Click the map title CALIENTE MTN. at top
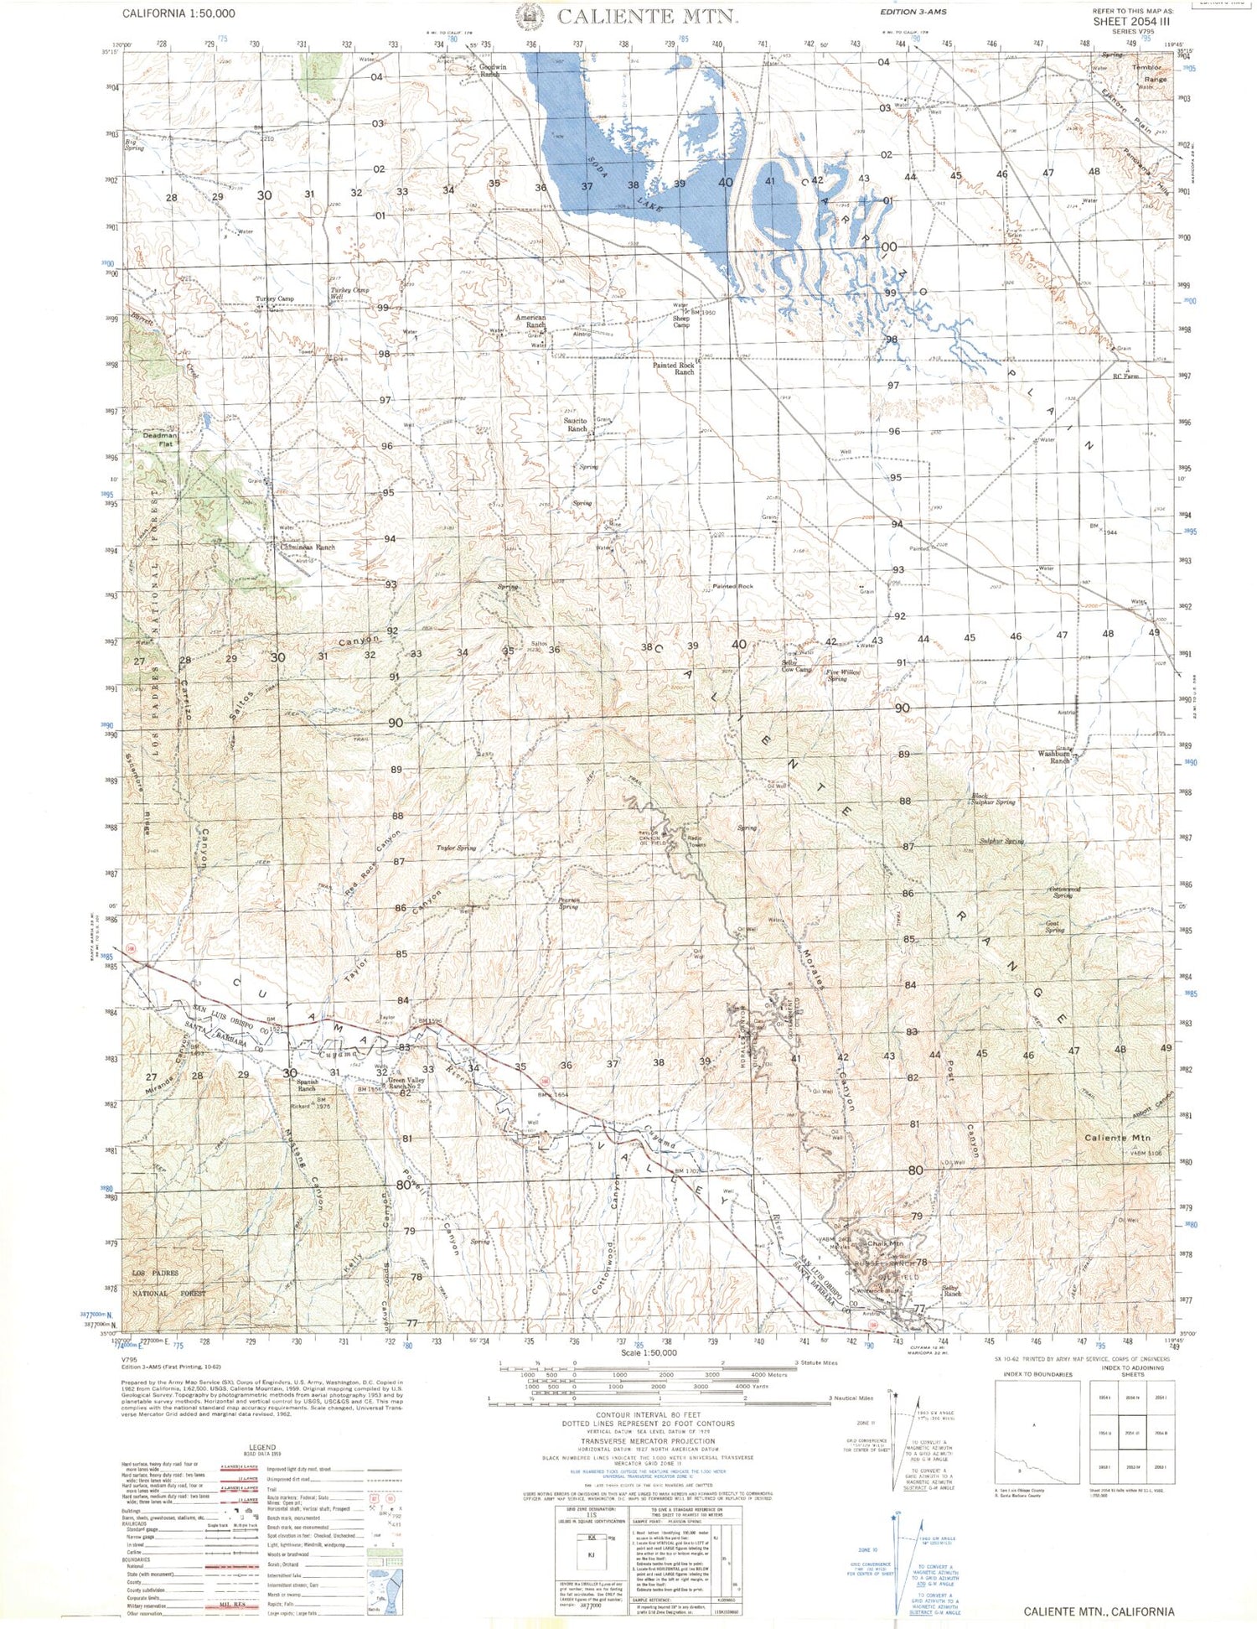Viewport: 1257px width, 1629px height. [646, 16]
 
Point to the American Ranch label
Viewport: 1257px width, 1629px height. [530, 321]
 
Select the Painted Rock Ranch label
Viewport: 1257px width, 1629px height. [674, 368]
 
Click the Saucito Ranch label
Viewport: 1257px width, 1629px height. [577, 424]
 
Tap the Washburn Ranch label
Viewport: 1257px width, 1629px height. [1053, 757]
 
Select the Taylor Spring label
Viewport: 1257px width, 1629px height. [456, 848]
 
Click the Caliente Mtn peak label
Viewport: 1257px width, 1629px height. [1117, 1138]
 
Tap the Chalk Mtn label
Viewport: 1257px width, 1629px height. [885, 1243]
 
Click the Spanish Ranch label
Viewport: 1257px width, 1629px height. [307, 1085]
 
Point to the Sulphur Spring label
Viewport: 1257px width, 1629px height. [1001, 841]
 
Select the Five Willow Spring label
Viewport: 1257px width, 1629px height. [843, 675]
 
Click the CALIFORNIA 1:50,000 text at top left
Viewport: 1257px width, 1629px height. [178, 13]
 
